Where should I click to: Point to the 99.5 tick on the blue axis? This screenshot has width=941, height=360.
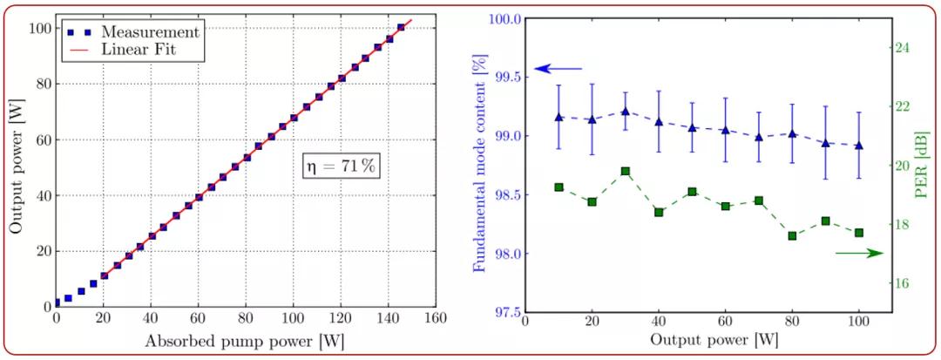pos(504,78)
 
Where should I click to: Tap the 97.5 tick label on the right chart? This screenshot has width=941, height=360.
pos(504,313)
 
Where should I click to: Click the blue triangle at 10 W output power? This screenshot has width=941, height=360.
pos(559,117)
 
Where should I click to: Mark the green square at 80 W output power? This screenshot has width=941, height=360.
pos(792,235)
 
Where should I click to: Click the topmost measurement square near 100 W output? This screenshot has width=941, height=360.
pos(401,28)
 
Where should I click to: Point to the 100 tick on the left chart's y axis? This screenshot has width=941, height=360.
pos(38,28)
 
